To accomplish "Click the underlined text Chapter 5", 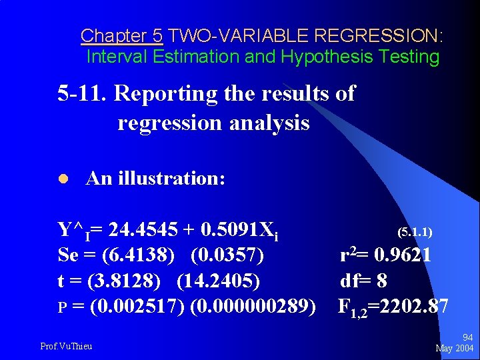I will (121, 35).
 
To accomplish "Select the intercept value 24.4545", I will (143, 231).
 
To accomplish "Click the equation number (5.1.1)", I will (415, 232).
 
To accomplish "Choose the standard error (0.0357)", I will (227, 255).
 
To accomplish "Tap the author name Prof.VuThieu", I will (67, 345).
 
